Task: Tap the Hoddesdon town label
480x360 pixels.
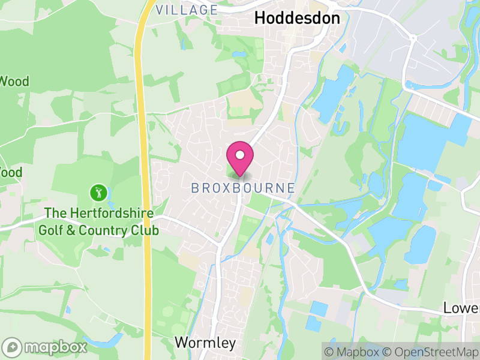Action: pos(297,18)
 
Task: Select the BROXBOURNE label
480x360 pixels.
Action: pos(243,188)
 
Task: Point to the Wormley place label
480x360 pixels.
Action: pos(205,343)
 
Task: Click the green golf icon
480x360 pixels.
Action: pos(98,193)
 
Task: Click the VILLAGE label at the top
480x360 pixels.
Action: pos(187,10)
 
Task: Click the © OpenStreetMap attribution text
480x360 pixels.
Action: pos(431,351)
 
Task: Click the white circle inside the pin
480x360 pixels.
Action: pos(240,155)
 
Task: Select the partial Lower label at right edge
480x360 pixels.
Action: pos(461,308)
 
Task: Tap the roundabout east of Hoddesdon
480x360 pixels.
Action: pos(413,38)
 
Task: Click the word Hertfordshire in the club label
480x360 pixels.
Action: pos(110,214)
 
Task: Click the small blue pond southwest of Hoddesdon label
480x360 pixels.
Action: pos(239,55)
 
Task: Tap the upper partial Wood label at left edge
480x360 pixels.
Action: pos(14,82)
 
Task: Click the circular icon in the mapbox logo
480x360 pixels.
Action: pos(12,347)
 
